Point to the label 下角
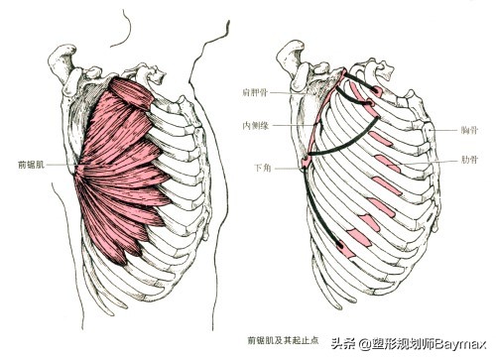click(x=256, y=170)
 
